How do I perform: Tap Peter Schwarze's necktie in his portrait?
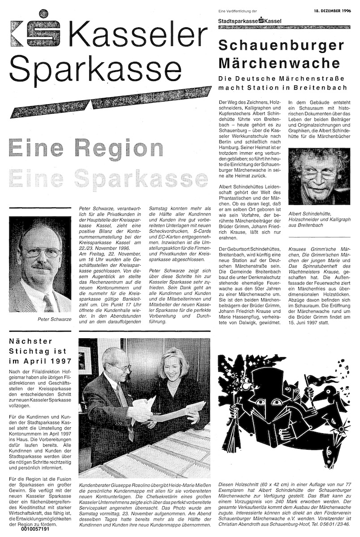coord(48,303)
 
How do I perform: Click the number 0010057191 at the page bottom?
coord(37,528)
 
